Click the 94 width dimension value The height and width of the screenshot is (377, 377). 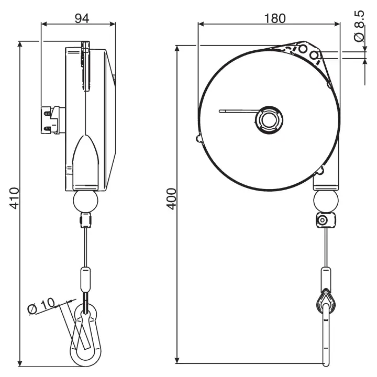click(82, 18)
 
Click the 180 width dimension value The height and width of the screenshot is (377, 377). click(275, 18)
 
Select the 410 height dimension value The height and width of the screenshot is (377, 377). click(14, 198)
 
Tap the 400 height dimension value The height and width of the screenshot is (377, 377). click(172, 199)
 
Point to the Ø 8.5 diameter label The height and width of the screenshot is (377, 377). click(359, 26)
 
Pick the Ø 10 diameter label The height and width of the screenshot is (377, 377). click(41, 306)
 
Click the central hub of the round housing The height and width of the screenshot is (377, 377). click(269, 120)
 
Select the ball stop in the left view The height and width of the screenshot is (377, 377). click(85, 201)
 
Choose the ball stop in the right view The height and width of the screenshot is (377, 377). click(326, 201)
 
